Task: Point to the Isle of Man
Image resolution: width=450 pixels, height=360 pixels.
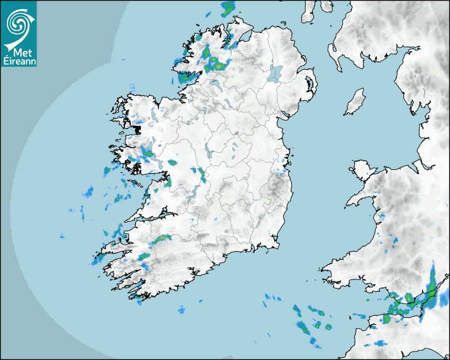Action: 355,102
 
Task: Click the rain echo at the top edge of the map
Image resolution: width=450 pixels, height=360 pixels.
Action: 228,7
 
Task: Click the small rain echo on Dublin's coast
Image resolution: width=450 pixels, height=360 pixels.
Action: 281,170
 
